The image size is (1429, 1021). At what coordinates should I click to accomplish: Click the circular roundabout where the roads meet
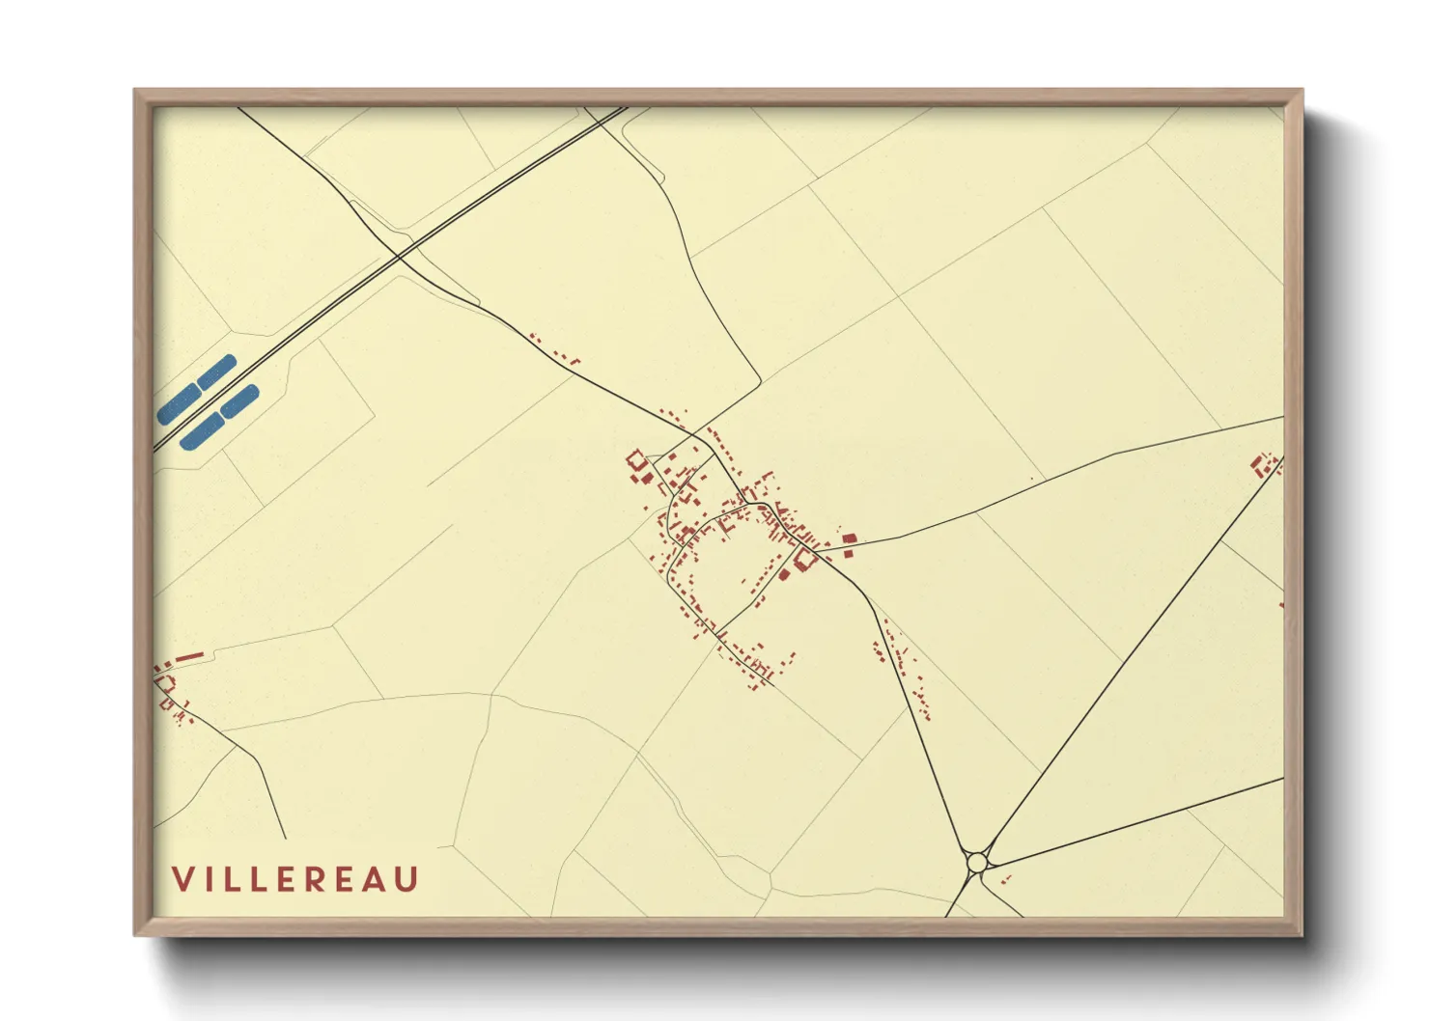[977, 861]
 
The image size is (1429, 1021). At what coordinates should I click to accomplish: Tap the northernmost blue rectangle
[216, 370]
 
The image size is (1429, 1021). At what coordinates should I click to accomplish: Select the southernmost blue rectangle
[202, 431]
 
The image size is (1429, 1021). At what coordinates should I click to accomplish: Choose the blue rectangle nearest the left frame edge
[178, 404]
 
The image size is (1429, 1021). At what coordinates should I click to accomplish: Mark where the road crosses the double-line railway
[398, 256]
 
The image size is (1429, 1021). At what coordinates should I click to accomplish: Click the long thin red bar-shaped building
[188, 658]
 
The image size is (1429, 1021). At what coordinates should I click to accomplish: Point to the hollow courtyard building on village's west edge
[636, 460]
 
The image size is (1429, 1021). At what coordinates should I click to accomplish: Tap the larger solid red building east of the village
[849, 538]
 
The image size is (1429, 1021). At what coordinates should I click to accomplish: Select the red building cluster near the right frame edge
[1264, 464]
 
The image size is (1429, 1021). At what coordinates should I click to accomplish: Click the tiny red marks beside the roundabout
[1004, 879]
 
